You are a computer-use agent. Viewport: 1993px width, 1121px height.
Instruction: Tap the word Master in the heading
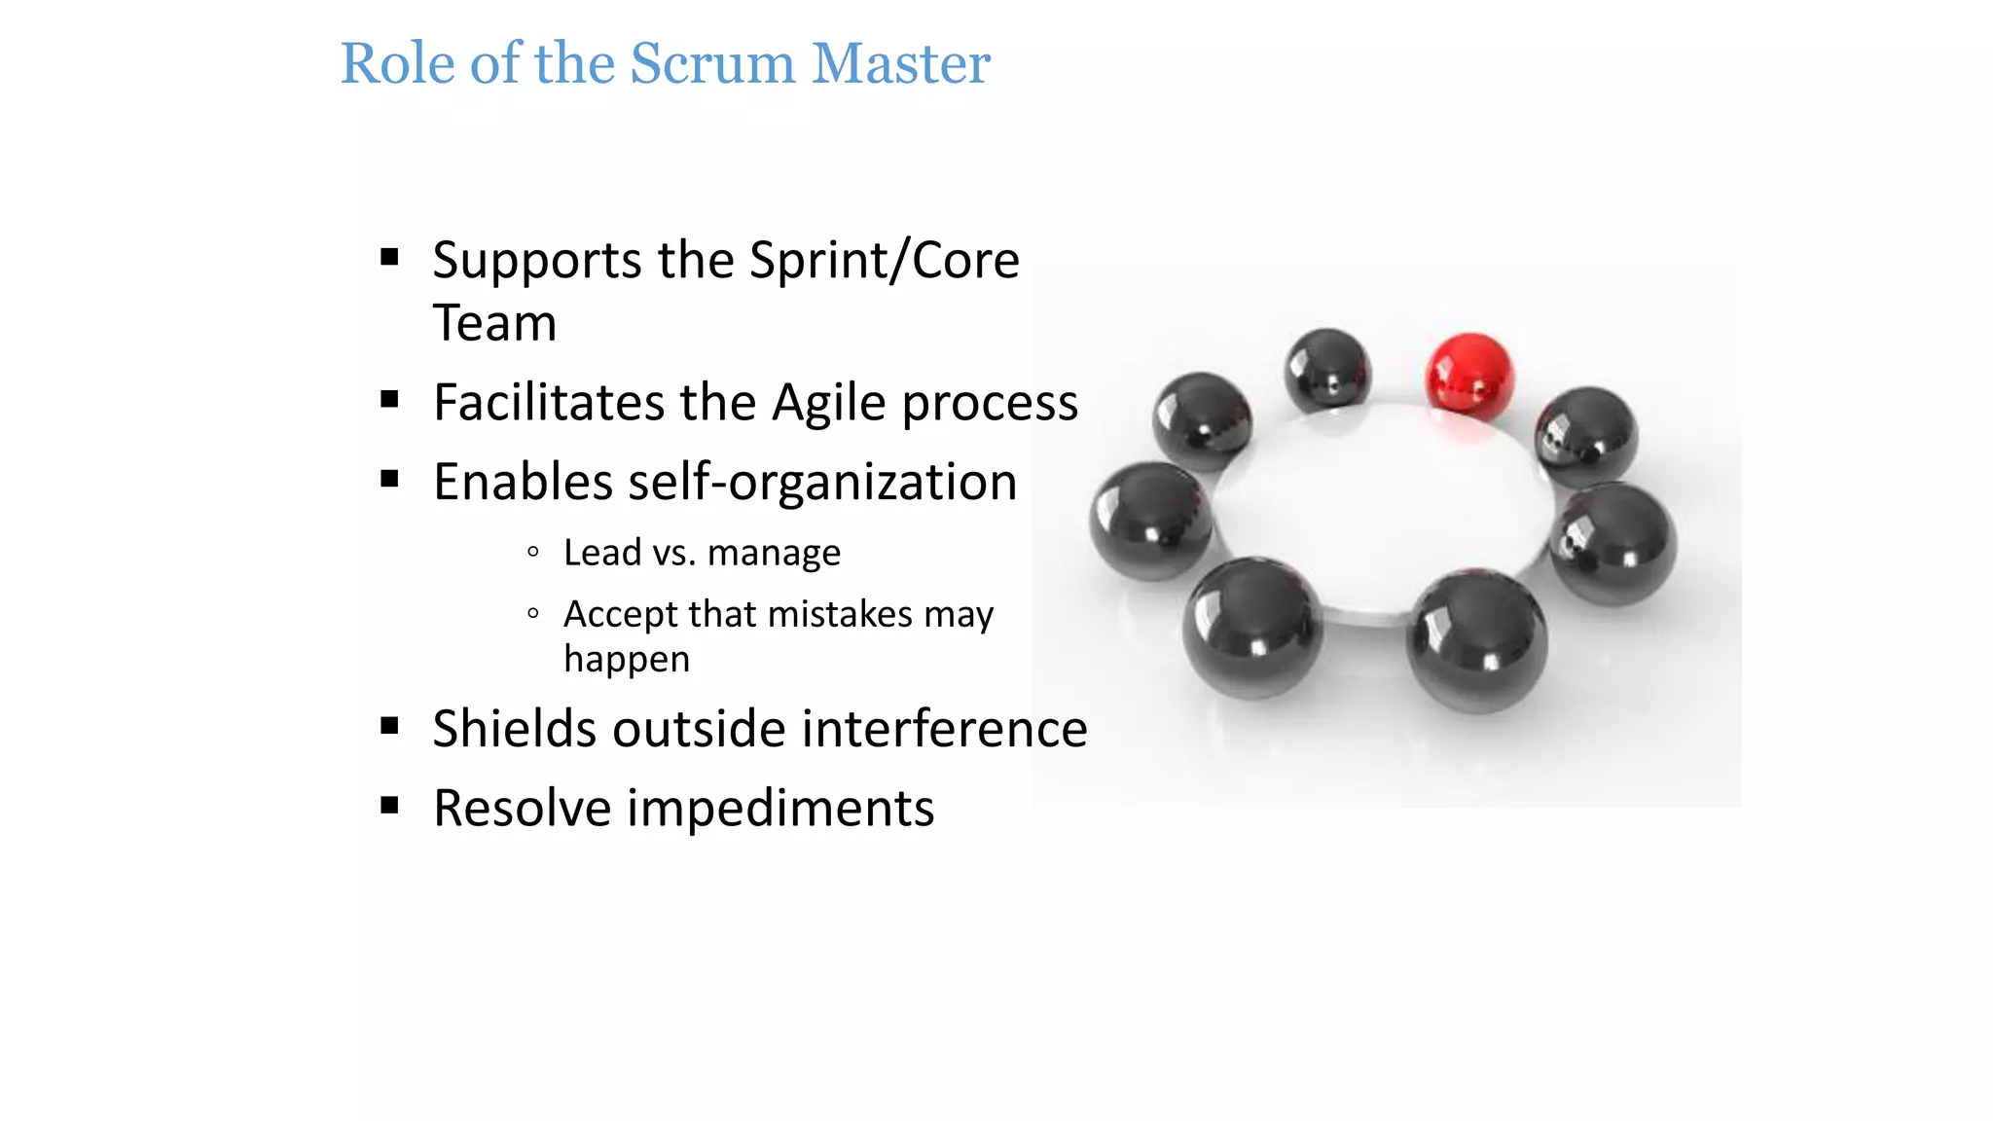[x=900, y=64]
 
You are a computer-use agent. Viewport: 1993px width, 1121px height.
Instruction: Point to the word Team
[x=494, y=323]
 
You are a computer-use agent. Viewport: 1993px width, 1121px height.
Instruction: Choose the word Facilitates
[x=546, y=403]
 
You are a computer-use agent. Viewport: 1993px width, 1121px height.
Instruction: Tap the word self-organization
[x=822, y=483]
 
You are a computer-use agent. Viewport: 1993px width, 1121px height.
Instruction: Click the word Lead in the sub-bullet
[x=601, y=553]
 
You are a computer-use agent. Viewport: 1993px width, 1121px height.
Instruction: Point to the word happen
[x=626, y=659]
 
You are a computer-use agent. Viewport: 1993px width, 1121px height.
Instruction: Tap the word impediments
[x=780, y=809]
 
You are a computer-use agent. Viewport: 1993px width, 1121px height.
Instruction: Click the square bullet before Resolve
[x=390, y=805]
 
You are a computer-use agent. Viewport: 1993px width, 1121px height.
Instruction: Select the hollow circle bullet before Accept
[x=532, y=613]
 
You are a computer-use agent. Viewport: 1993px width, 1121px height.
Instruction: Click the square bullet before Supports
[x=390, y=257]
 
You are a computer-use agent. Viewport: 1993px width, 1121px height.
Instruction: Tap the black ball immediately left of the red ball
[x=1326, y=370]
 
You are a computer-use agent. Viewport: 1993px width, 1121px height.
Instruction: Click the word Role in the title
[x=397, y=64]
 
